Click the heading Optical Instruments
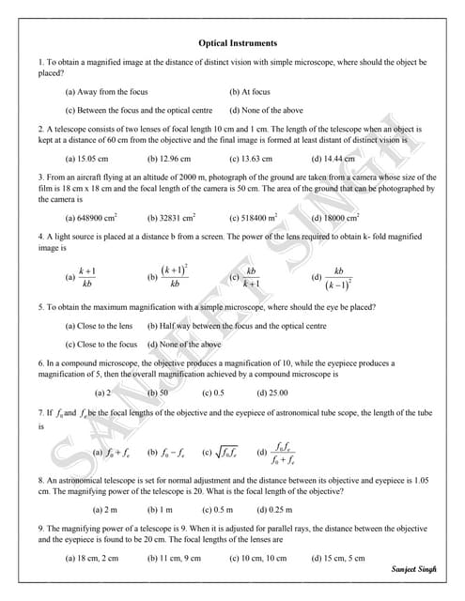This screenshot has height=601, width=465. coord(238,43)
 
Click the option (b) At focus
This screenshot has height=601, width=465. coord(250,92)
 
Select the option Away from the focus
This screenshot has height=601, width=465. coord(106,92)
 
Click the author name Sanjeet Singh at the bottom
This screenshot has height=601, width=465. coord(414,569)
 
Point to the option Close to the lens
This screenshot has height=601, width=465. coord(99,325)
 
